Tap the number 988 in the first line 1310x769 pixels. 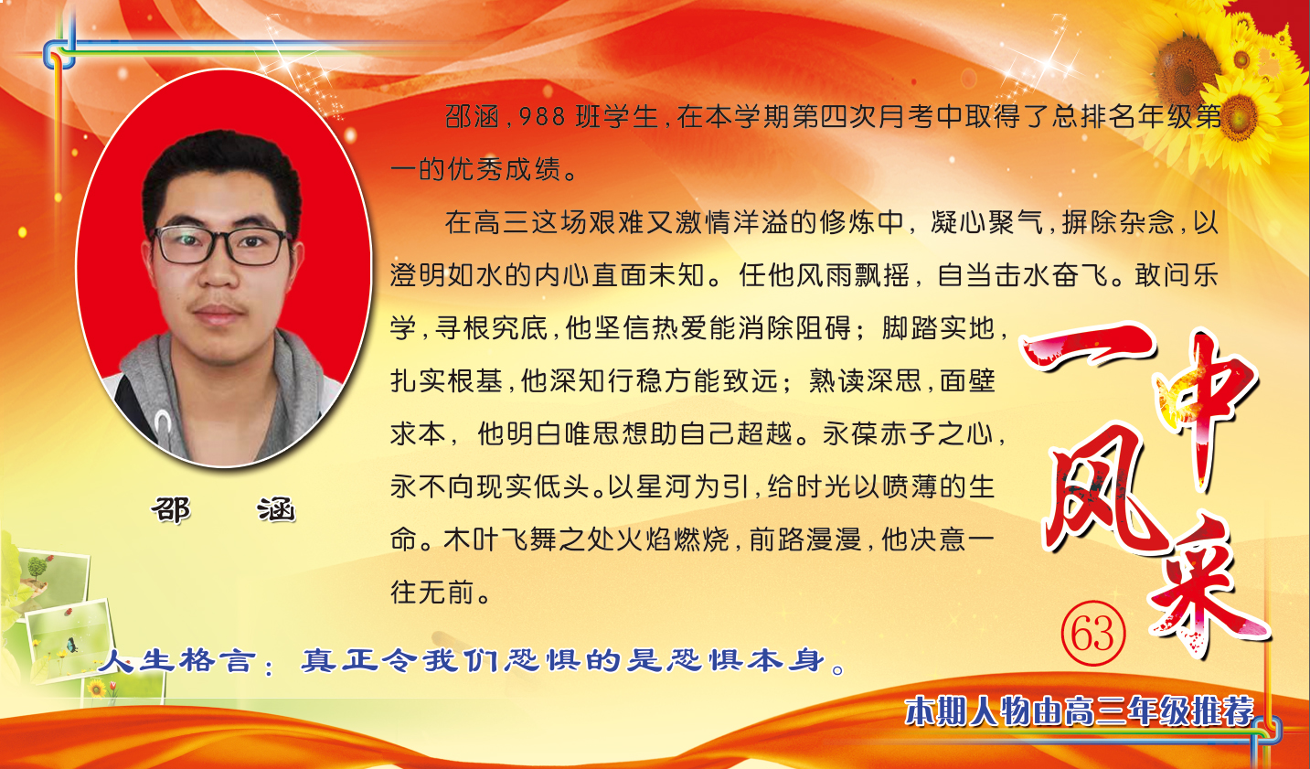[x=542, y=118]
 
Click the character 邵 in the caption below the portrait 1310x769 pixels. [x=171, y=510]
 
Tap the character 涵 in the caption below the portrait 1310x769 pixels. [x=277, y=510]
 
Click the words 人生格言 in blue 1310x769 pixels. [x=177, y=661]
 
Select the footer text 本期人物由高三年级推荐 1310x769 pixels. [x=1080, y=711]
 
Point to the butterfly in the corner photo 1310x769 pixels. [x=71, y=645]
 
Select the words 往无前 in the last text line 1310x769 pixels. [x=432, y=593]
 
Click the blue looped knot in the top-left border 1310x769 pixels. [x=59, y=54]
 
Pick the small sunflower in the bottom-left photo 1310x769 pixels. [x=97, y=689]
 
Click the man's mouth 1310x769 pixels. [x=218, y=314]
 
